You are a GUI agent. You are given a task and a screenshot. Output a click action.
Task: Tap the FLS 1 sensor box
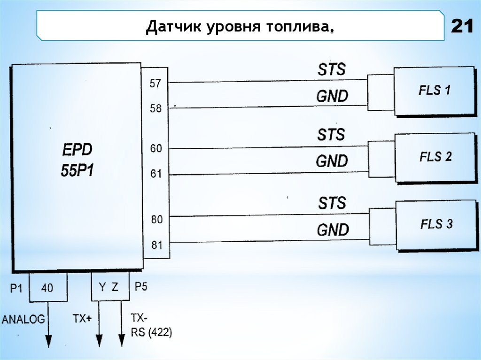point(434,91)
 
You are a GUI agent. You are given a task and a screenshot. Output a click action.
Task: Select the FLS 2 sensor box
point(435,157)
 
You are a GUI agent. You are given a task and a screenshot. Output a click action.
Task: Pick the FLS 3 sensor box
point(436,224)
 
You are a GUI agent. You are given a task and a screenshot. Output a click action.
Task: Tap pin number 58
point(155,108)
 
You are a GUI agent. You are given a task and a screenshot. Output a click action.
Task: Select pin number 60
point(155,149)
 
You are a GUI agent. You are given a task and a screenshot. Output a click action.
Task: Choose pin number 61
point(155,174)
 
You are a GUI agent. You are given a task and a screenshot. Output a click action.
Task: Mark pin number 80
point(156,219)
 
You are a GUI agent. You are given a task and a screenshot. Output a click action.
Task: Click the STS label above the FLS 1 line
point(331,69)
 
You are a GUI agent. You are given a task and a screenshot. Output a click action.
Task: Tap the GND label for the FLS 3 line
point(333,230)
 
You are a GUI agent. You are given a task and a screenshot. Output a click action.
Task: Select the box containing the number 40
point(47,287)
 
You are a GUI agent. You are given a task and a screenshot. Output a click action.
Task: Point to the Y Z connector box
point(110,287)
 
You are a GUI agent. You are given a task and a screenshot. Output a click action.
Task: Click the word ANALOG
point(23,320)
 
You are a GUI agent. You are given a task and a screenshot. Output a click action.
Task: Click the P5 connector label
point(140,286)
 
